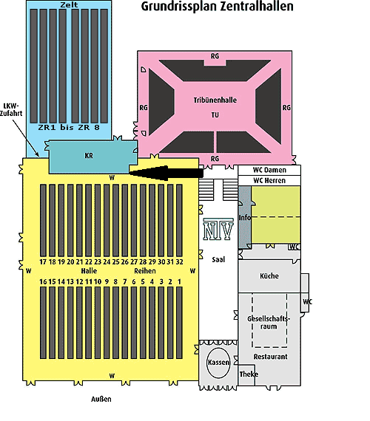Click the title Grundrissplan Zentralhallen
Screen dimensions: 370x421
[217, 7]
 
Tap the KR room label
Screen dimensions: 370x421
[89, 156]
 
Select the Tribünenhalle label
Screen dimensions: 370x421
[215, 100]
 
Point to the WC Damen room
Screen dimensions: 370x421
[269, 170]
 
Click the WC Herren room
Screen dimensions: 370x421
[269, 180]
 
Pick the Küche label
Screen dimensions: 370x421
[269, 276]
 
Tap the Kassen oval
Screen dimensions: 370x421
[218, 363]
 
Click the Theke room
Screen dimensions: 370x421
[246, 374]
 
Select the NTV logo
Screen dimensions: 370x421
[218, 229]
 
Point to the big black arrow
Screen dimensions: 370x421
[166, 173]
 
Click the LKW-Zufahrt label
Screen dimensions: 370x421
[11, 109]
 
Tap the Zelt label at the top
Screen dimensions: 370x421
[69, 4]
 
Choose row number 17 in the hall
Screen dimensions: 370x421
[43, 261]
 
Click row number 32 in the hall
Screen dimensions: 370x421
[180, 261]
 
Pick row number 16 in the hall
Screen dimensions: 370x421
[43, 281]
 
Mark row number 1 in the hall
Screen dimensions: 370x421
[179, 281]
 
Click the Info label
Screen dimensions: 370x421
[245, 217]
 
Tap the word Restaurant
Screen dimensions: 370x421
[270, 357]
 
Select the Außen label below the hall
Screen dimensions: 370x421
[101, 400]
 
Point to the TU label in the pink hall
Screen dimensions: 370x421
[215, 115]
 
